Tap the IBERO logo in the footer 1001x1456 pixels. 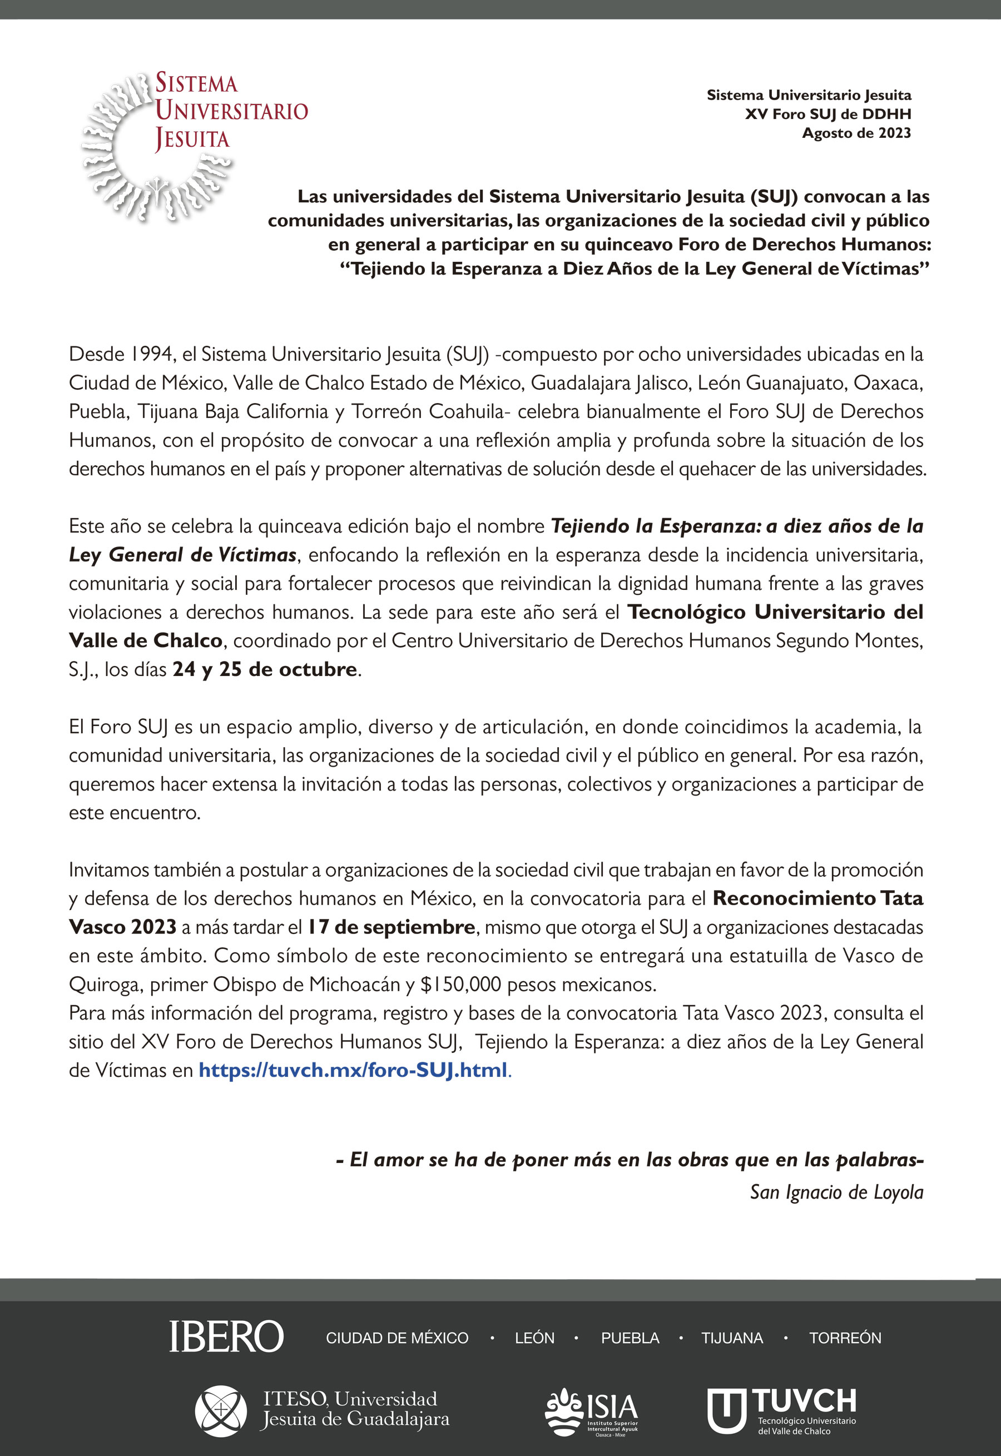(226, 1336)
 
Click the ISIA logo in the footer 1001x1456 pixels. (592, 1412)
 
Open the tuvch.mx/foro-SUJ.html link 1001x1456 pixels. (353, 1070)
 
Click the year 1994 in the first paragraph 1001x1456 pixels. (151, 354)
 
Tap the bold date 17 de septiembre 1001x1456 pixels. (391, 927)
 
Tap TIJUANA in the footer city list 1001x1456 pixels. (732, 1338)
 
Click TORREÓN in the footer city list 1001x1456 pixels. (845, 1338)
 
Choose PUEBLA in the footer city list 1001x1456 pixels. (630, 1338)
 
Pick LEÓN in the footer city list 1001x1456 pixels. (534, 1338)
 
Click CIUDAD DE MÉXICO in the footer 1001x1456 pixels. (397, 1338)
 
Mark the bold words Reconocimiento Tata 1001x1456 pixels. (818, 898)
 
